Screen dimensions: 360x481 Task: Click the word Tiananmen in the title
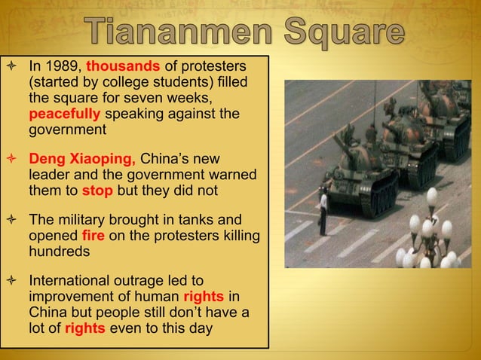(x=181, y=34)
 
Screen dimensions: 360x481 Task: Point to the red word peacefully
(x=65, y=114)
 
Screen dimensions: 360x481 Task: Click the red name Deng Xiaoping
(x=82, y=160)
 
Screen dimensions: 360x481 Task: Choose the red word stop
(x=97, y=191)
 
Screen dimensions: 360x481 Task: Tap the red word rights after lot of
(x=84, y=328)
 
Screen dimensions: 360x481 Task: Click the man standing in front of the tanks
(x=323, y=213)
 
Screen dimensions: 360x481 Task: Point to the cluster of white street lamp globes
(x=430, y=233)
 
